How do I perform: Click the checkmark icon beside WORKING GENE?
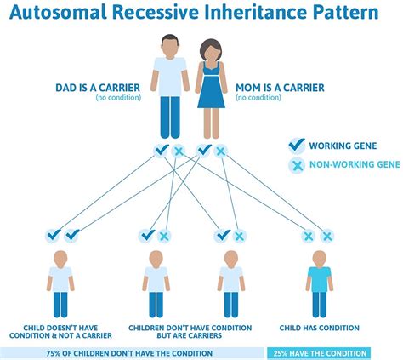click(x=297, y=146)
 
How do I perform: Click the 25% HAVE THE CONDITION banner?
click(x=319, y=352)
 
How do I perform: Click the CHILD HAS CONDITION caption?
click(x=320, y=328)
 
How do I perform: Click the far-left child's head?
click(x=60, y=257)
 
